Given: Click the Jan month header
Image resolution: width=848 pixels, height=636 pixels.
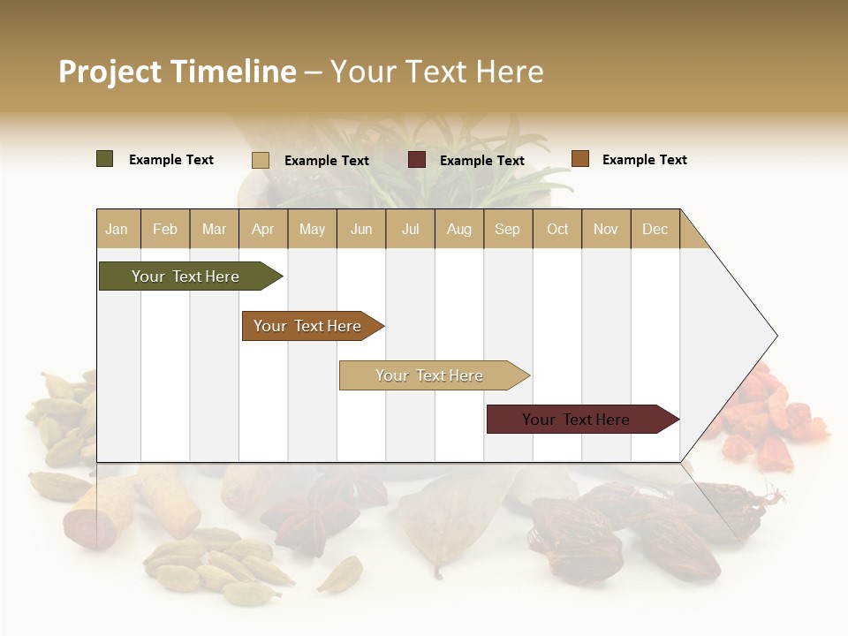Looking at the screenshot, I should (x=117, y=229).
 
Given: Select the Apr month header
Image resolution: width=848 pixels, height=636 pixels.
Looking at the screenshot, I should (x=263, y=229).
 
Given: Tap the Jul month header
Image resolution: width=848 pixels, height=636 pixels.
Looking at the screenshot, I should (x=410, y=229).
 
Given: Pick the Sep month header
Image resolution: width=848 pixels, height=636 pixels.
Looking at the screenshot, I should (x=507, y=229).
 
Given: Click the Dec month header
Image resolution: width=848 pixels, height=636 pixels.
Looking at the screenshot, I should (x=655, y=229).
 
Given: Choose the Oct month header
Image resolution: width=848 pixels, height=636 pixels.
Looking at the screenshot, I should (x=557, y=229).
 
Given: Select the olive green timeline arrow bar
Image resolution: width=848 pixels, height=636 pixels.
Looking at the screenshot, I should (x=186, y=276).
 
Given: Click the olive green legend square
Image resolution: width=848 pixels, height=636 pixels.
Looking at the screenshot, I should (x=105, y=159).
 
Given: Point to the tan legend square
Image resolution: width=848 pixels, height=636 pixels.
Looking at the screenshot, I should (x=261, y=160).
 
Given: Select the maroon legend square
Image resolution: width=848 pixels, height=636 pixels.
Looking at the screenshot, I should (x=417, y=160).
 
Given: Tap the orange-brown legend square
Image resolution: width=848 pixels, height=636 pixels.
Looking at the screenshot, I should (x=580, y=159).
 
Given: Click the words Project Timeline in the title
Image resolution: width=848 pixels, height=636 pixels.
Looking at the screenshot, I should (x=177, y=72).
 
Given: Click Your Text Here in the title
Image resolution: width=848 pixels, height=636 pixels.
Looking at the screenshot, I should (x=437, y=72).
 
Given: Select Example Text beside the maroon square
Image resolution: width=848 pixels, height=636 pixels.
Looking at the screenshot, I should (x=481, y=161).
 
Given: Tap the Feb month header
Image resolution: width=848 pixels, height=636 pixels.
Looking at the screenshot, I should (x=165, y=229).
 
